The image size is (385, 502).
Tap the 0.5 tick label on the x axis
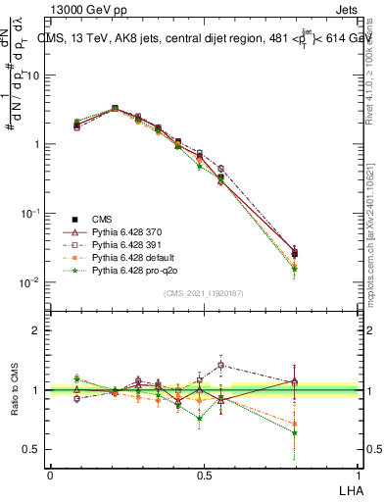(204, 475)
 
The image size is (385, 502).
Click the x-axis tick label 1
(359, 475)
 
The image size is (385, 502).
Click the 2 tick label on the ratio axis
(36, 330)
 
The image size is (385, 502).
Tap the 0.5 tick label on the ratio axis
(32, 449)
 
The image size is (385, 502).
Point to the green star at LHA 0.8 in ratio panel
(322, 432)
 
